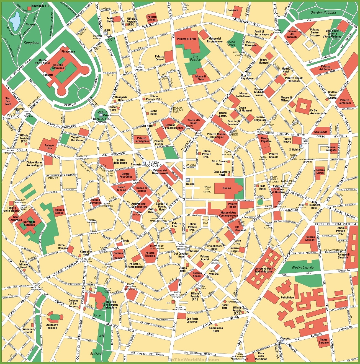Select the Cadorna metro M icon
coord(17,113)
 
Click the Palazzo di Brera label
coord(187,39)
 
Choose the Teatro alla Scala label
coord(194,122)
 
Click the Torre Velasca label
coord(214,272)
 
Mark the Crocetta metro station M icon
coord(282,342)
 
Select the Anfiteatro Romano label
coord(52,326)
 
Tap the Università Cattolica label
coord(29,223)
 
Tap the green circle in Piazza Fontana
coord(260,202)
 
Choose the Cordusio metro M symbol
coord(144,164)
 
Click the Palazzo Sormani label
coord(310,238)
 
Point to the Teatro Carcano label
coord(324,341)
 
